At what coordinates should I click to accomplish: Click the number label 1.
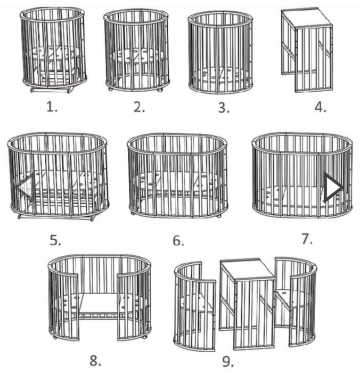point(52,107)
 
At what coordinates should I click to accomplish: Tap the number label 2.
point(140,107)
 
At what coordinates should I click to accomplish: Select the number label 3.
point(224,108)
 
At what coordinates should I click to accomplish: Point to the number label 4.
point(320,107)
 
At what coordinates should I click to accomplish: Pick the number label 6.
point(178,241)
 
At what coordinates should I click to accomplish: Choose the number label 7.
point(307,239)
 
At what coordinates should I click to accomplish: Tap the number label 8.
point(95,361)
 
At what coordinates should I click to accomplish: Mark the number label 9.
point(228,362)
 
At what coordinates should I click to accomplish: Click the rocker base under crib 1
point(51,90)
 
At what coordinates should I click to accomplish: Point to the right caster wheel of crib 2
point(160,90)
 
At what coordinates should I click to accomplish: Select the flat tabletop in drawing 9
point(247,269)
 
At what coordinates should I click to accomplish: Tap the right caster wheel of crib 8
point(144,337)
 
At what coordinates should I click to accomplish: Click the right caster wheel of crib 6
point(219,216)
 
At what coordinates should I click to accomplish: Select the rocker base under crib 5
point(56,217)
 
